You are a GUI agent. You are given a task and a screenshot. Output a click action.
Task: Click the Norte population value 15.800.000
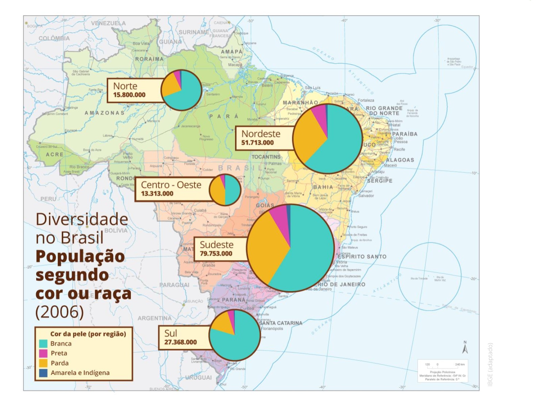click(129, 95)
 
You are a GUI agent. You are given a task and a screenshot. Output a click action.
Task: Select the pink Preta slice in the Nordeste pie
click(320, 115)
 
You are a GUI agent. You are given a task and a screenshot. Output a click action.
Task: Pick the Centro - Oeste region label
click(171, 185)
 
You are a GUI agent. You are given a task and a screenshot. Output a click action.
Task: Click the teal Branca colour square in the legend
click(43, 344)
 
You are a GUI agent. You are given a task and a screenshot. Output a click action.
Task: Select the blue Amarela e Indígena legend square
click(43, 373)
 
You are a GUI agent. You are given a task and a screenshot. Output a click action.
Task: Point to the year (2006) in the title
click(60, 312)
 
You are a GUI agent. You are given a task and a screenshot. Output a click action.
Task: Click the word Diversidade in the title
click(82, 219)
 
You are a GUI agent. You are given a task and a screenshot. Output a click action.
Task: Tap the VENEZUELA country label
click(108, 23)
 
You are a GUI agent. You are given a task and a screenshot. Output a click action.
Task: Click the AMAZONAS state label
click(104, 113)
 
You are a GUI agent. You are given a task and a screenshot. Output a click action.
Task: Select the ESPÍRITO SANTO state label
click(362, 257)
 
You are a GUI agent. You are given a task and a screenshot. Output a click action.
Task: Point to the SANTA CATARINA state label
click(280, 323)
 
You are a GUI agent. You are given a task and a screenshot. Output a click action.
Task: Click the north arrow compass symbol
click(465, 347)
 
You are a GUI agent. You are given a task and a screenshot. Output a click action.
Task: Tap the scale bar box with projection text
click(443, 371)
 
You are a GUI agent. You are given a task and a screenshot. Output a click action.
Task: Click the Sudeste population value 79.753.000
click(216, 254)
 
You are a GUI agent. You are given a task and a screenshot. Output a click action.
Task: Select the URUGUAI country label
click(199, 378)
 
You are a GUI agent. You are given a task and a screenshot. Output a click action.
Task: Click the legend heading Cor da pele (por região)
click(88, 334)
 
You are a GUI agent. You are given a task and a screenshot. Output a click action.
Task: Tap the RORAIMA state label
click(149, 59)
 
